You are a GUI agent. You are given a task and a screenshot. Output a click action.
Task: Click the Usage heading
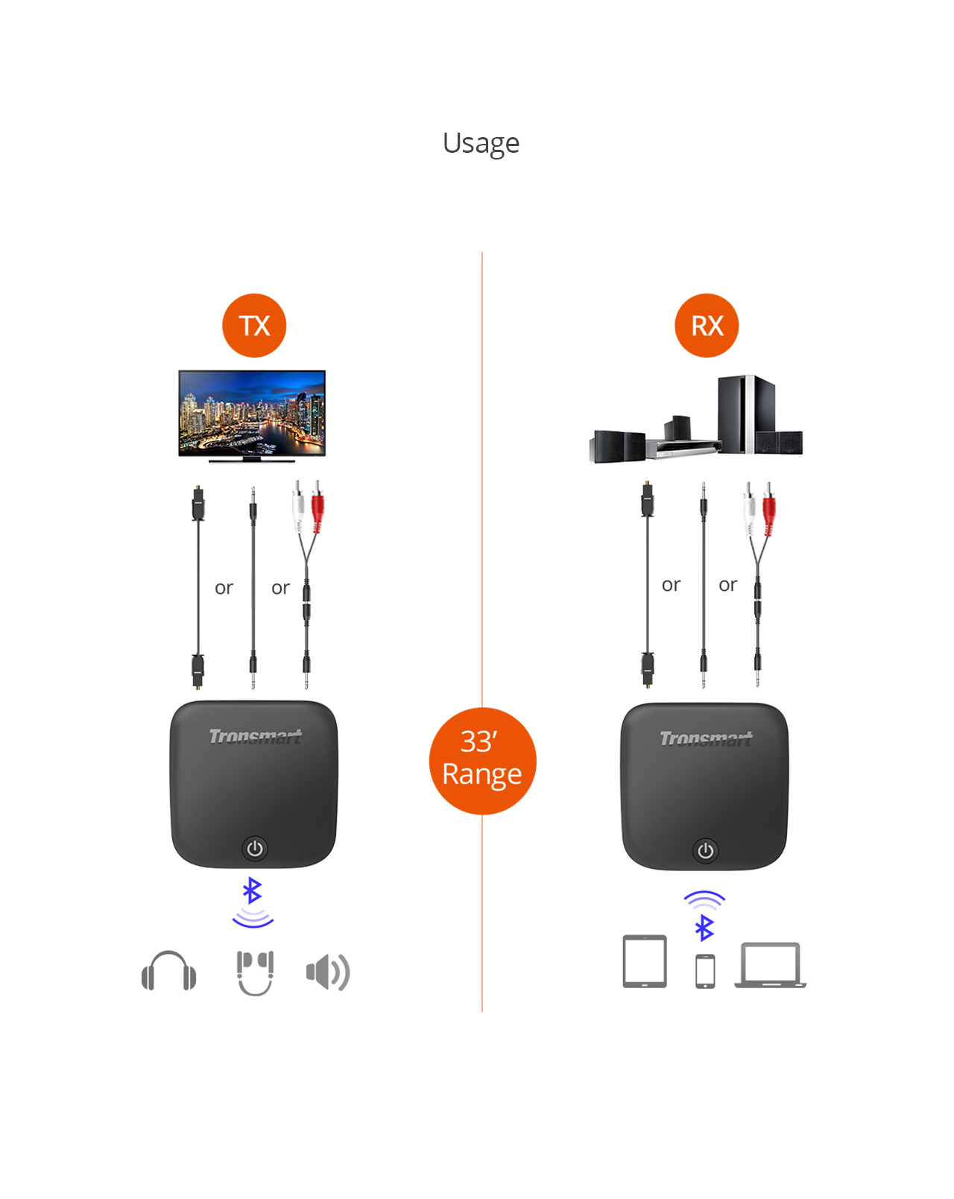click(481, 143)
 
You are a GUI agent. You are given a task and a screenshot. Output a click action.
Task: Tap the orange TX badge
click(254, 326)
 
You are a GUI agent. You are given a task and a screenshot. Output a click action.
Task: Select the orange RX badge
click(707, 326)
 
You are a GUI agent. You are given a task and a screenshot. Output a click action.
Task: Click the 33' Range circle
click(482, 760)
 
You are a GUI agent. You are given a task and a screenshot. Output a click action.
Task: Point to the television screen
click(252, 412)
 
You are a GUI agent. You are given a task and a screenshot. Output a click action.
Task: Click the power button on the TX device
click(255, 848)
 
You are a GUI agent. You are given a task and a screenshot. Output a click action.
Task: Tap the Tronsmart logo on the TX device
click(255, 737)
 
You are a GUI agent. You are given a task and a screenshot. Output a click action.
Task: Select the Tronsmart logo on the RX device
click(706, 738)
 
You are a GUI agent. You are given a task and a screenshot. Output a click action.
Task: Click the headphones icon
click(169, 971)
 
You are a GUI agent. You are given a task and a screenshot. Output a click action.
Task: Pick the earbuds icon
click(255, 972)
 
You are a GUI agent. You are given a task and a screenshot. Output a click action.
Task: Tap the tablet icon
click(645, 961)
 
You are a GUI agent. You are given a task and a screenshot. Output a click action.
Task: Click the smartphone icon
click(705, 971)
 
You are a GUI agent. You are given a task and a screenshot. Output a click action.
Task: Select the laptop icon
click(771, 965)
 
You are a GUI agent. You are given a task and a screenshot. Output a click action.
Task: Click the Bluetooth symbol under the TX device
click(253, 890)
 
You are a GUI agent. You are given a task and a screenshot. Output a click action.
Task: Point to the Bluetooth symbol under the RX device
click(704, 928)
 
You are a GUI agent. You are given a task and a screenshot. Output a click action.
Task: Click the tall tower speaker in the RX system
click(745, 414)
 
